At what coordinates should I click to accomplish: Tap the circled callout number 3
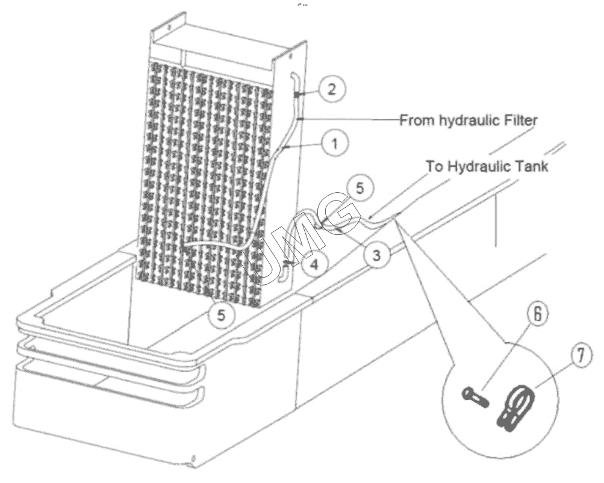[376, 255]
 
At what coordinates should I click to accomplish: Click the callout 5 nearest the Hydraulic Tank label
[360, 187]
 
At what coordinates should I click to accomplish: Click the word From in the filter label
[416, 120]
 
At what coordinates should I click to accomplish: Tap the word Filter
[521, 120]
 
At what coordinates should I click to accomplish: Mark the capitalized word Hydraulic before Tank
[478, 166]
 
